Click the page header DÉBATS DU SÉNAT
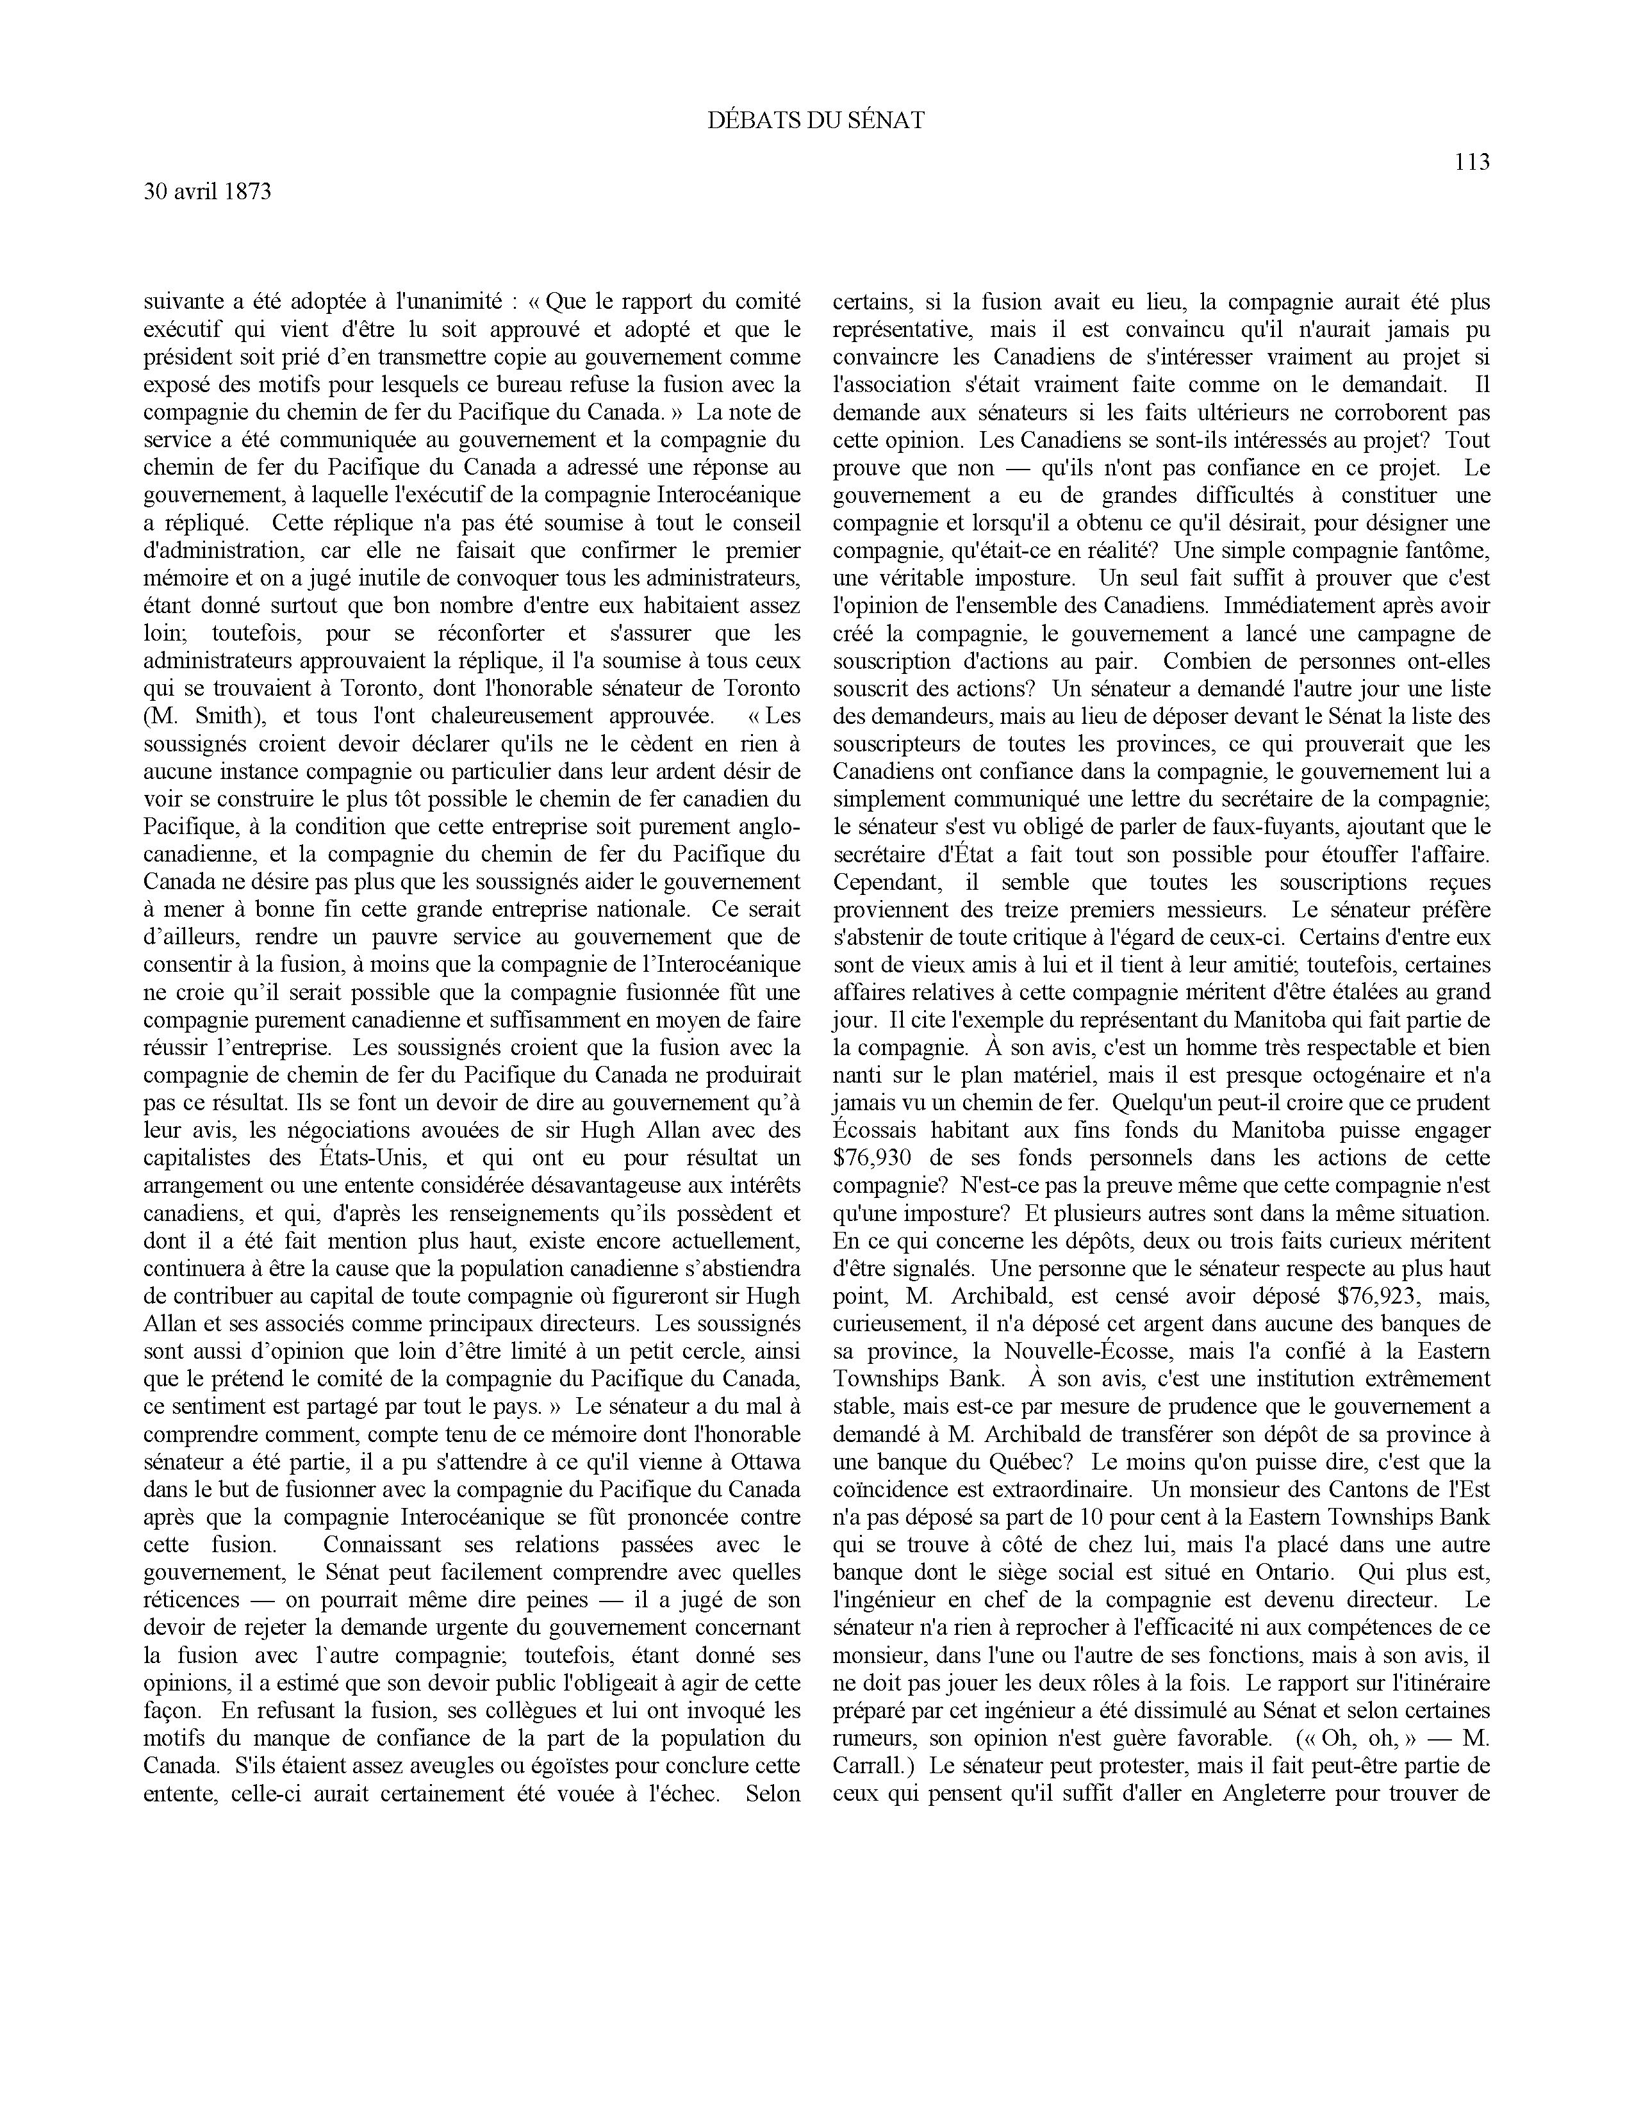[x=816, y=120]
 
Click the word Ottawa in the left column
[x=766, y=1462]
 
